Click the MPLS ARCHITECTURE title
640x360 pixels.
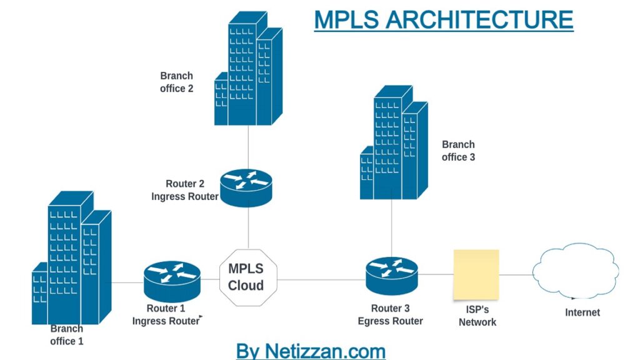click(444, 19)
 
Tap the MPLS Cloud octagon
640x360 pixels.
click(246, 277)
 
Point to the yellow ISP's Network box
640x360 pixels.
click(476, 274)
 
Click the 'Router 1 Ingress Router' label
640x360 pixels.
click(166, 315)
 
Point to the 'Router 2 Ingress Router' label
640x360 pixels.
click(185, 190)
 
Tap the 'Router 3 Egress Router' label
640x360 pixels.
click(391, 315)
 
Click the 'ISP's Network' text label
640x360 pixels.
click(477, 316)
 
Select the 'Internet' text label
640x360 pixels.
click(582, 312)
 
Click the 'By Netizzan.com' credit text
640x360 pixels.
click(311, 351)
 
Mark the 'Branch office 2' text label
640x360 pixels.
click(177, 82)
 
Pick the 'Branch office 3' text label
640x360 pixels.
click(458, 151)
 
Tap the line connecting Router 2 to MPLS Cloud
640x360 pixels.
click(248, 228)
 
